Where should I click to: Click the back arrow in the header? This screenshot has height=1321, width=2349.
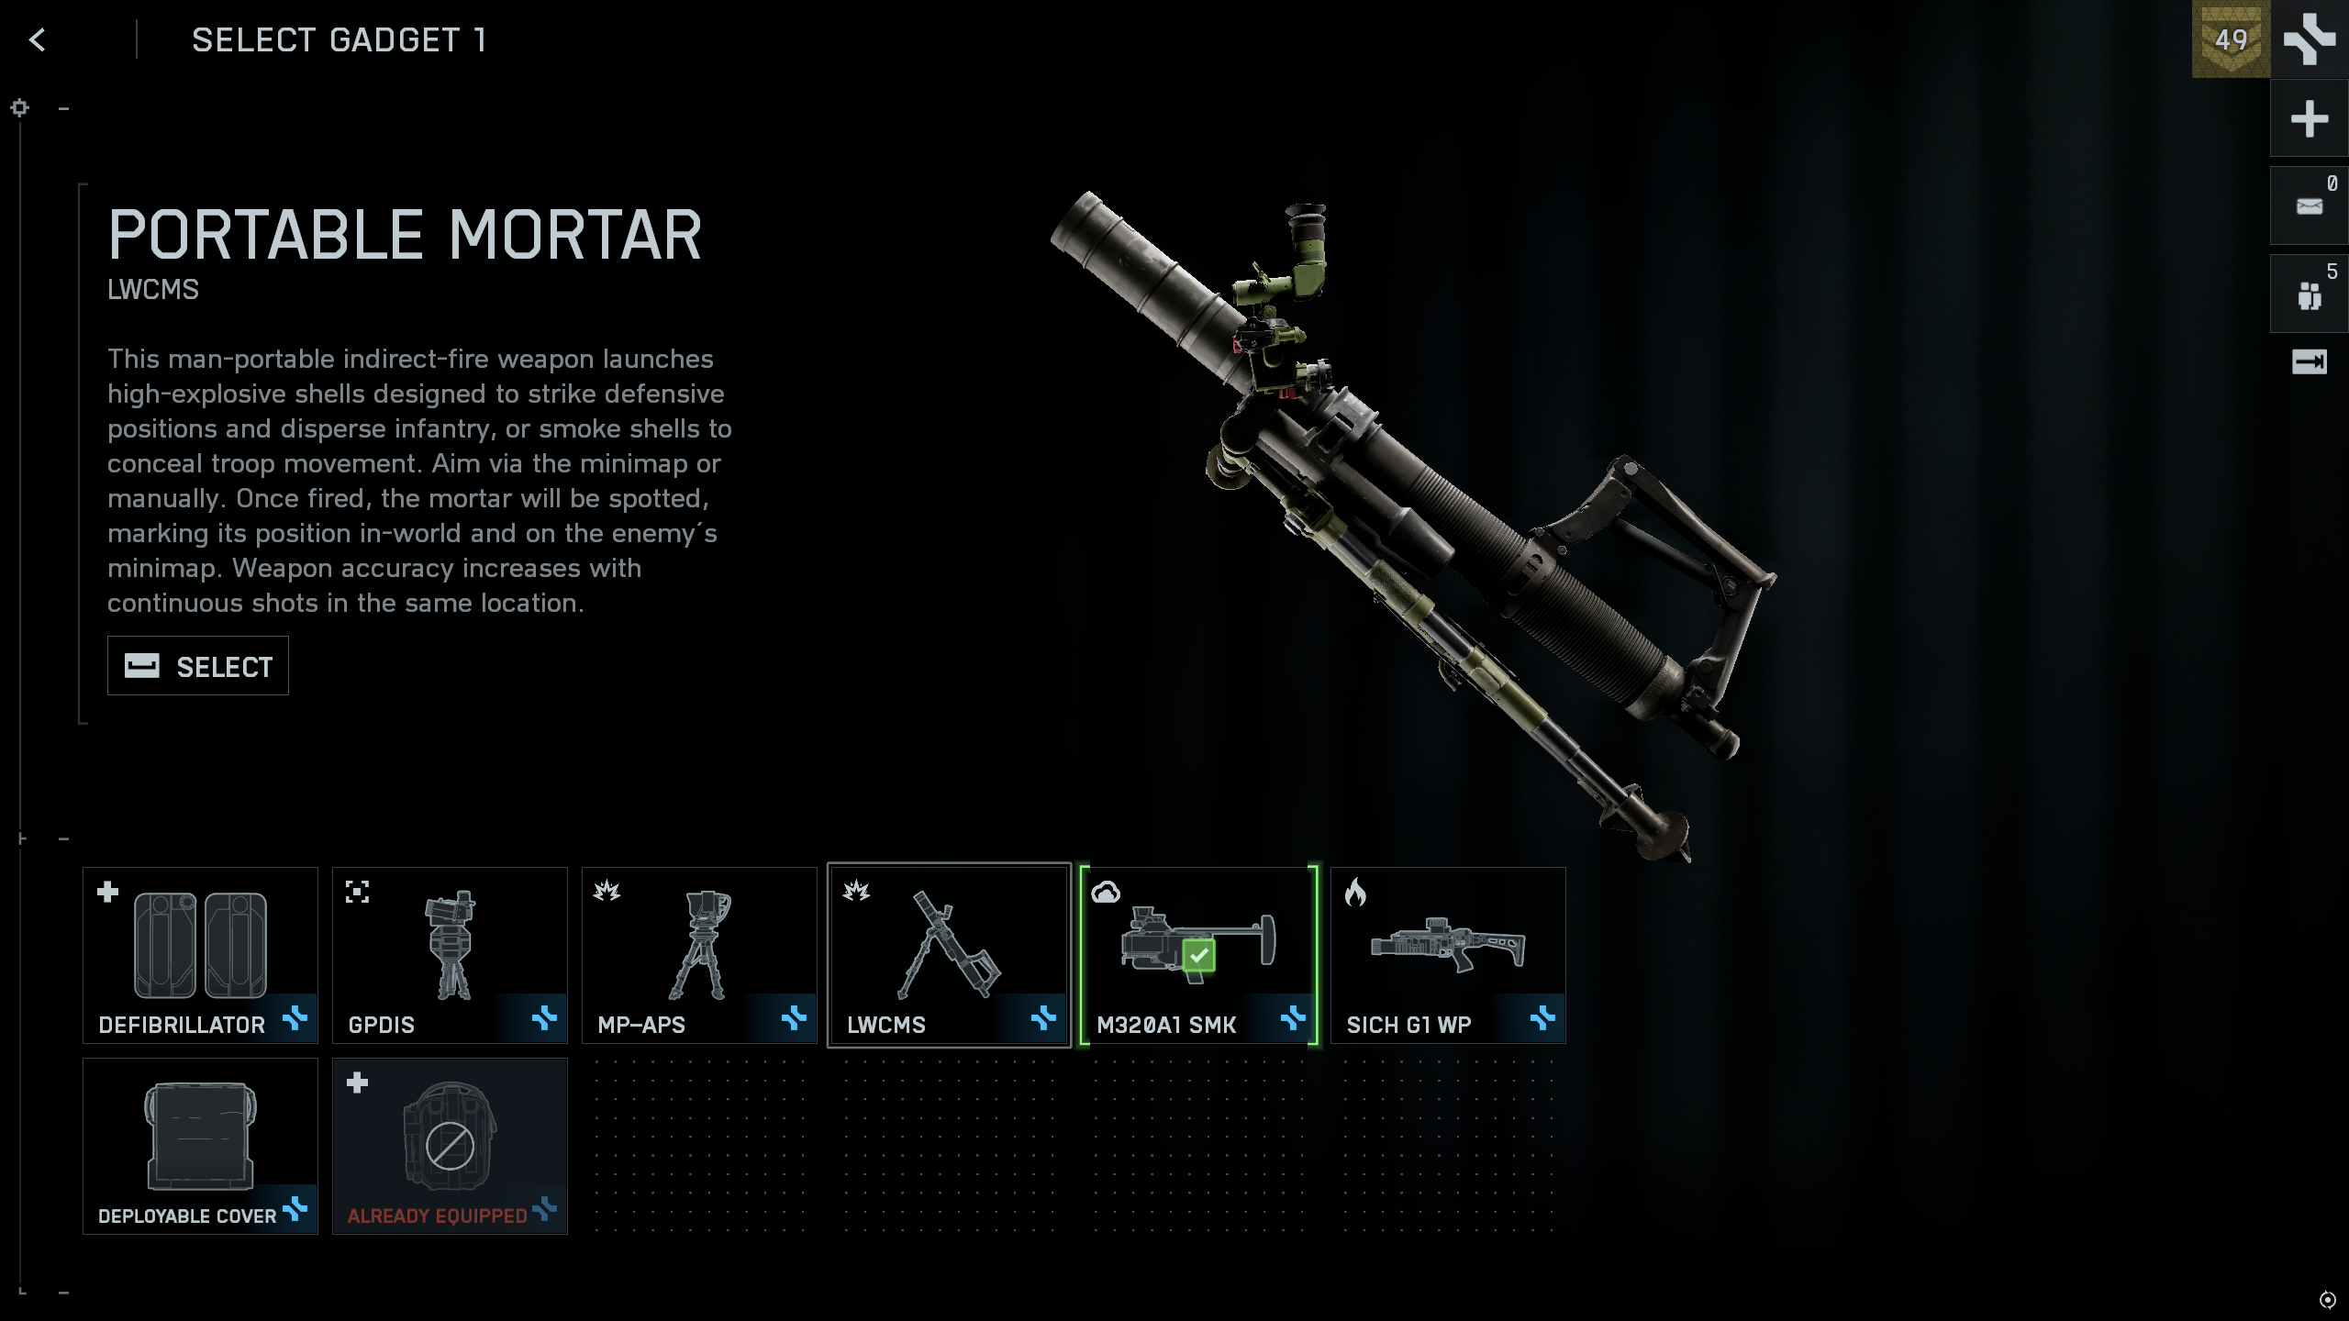coord(37,39)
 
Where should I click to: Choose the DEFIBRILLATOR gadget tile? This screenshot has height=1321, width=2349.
coord(200,954)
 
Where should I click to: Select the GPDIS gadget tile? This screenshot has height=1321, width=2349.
coord(450,954)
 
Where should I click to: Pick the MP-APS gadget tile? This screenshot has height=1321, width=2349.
coord(699,954)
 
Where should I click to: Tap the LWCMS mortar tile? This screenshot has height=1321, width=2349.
coord(949,954)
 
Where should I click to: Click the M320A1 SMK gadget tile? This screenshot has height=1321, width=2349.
coord(1198,954)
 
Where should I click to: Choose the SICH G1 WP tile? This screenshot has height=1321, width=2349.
coord(1448,954)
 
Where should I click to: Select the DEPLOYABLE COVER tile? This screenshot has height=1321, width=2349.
coord(200,1145)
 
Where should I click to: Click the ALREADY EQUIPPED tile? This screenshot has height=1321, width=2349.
coord(450,1145)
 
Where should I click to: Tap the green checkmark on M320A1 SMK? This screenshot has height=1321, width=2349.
coord(1198,956)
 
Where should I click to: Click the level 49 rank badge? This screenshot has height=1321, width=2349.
coord(2231,39)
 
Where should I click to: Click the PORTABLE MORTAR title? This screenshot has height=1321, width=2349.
coord(405,235)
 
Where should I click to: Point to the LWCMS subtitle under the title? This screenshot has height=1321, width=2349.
coord(153,290)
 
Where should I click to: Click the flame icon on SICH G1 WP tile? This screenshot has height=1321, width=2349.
coord(1355,893)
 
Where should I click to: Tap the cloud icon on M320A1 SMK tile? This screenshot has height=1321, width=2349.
coord(1106,893)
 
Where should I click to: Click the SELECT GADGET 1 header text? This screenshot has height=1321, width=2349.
coord(340,40)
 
